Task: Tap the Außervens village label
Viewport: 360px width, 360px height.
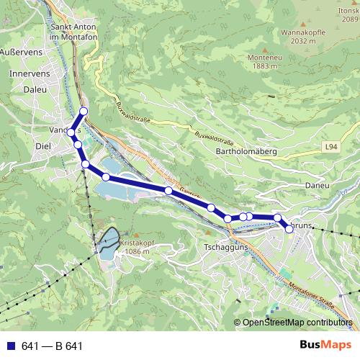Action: point(21,53)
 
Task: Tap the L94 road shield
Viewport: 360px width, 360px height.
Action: point(330,147)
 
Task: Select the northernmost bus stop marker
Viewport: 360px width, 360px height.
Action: point(84,111)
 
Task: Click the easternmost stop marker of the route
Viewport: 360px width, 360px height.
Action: point(289,229)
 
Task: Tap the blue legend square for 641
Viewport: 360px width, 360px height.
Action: point(11,346)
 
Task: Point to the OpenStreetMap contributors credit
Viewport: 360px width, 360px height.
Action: point(298,323)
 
